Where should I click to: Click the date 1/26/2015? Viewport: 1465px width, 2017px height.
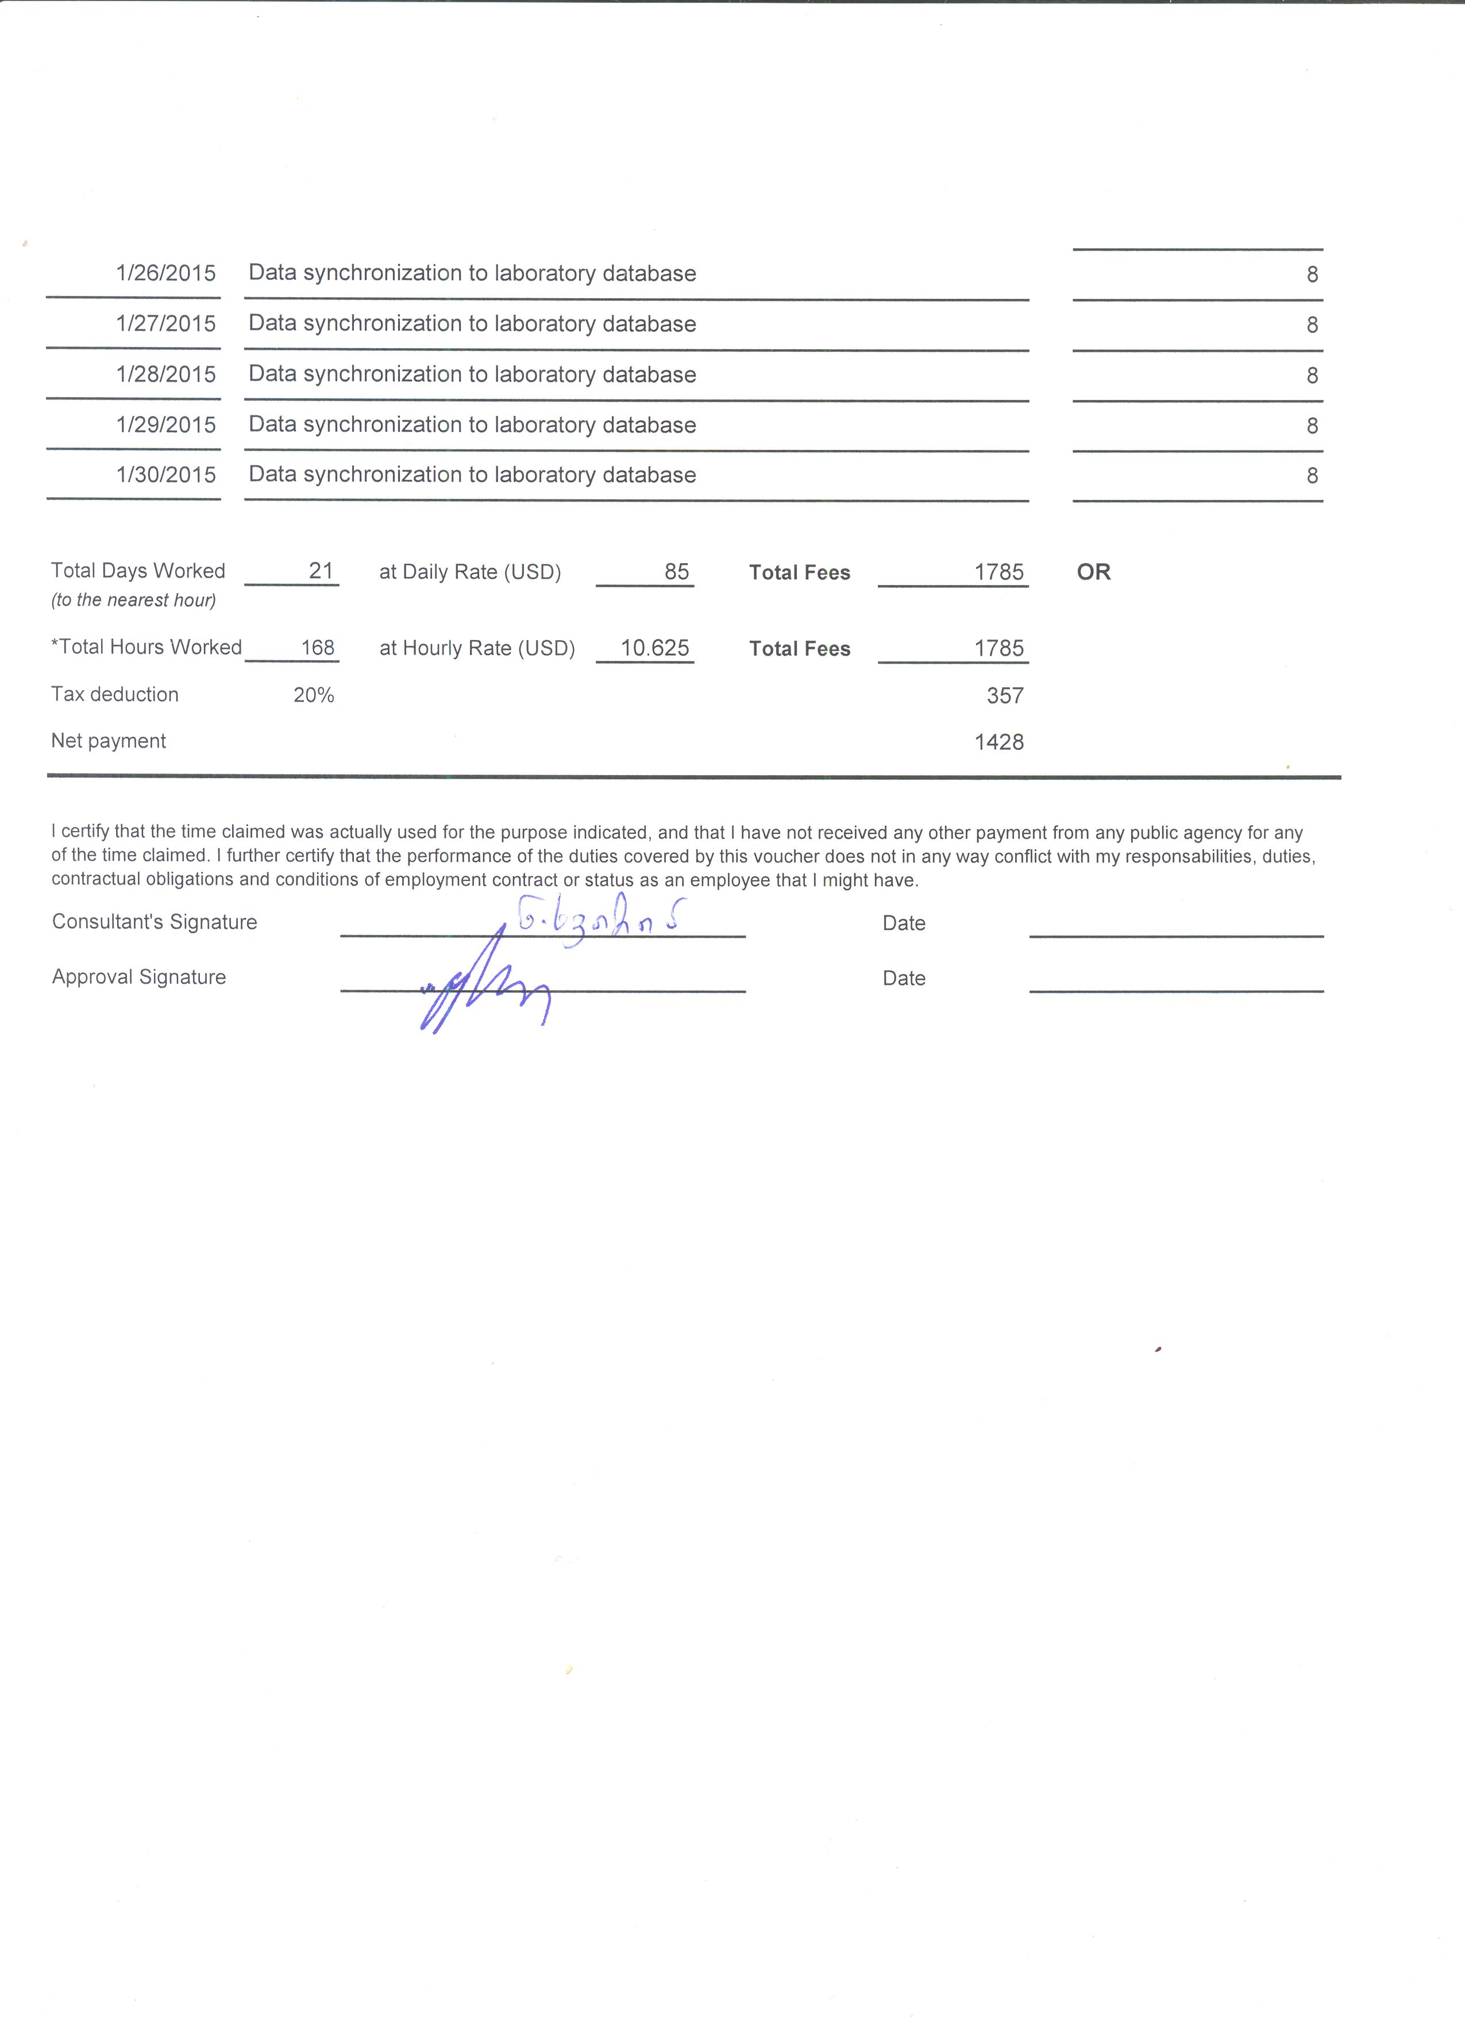point(165,273)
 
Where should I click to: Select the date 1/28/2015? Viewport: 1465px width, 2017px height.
point(165,375)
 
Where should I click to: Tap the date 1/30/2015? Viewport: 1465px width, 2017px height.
point(165,475)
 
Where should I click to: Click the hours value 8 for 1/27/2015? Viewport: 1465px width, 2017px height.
point(1311,325)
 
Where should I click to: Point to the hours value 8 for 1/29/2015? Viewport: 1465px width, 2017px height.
point(1311,426)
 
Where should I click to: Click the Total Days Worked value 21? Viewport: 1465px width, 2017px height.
point(320,571)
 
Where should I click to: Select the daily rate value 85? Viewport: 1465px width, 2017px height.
point(677,572)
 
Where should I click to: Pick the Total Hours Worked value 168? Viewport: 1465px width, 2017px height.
point(317,648)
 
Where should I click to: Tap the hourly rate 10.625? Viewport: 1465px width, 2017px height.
point(654,648)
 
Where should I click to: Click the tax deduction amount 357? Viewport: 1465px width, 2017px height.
point(1004,695)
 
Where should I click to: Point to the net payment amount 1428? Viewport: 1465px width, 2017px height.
point(998,742)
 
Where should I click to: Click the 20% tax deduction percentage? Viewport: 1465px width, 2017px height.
point(314,695)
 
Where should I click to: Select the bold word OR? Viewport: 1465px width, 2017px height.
point(1093,572)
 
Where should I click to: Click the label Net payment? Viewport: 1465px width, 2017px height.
point(109,741)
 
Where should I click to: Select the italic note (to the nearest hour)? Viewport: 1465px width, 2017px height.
point(133,601)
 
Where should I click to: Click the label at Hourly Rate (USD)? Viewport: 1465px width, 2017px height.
point(476,648)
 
